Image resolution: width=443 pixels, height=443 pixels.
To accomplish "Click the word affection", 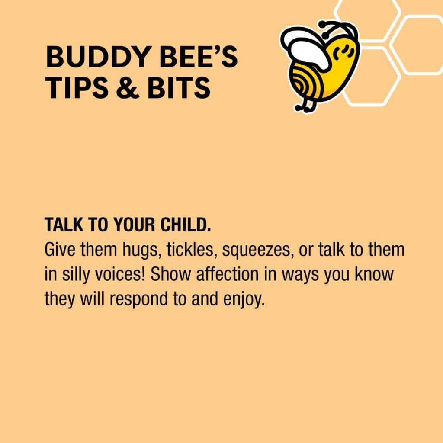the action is tap(227, 274).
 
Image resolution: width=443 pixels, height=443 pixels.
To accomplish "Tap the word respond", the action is tap(138, 299).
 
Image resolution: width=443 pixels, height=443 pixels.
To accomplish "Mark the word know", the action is tap(374, 274).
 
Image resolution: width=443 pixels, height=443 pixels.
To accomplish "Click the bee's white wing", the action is tap(308, 48).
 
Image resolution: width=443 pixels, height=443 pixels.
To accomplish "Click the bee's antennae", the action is tap(339, 27).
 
